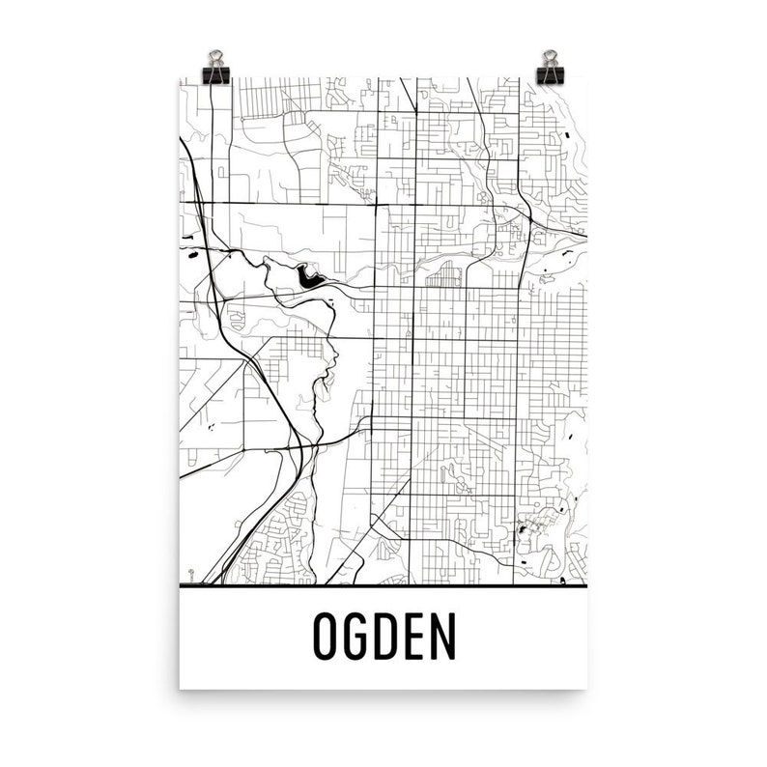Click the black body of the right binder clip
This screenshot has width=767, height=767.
552,73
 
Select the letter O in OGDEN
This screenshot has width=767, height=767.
327,637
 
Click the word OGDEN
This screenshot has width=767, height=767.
383,637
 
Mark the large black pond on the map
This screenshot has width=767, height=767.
310,279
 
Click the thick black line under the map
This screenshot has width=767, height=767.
383,585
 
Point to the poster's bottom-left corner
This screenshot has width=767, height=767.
181,688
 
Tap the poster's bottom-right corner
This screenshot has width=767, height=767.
587,688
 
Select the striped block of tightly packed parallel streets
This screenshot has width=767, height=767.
444,278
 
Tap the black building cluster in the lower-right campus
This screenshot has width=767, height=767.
526,529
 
